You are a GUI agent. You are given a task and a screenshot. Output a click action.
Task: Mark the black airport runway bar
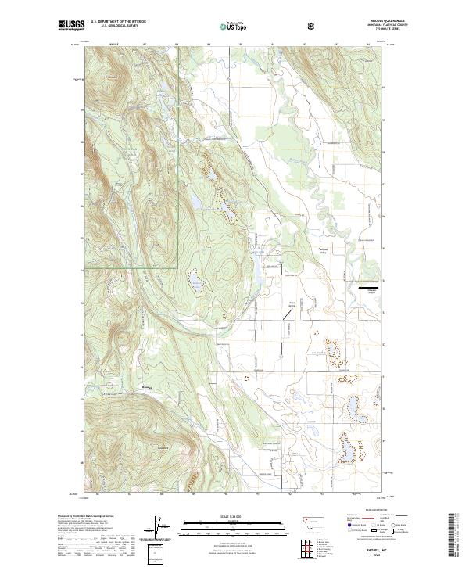tap(371, 289)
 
